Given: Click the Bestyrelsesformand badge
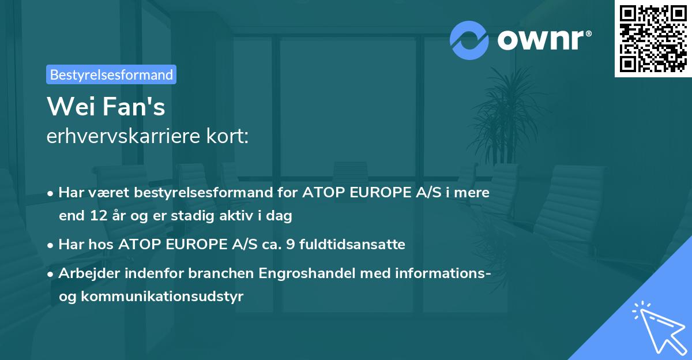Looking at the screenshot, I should click(x=111, y=74).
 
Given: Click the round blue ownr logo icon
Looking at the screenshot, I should click(x=469, y=40).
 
